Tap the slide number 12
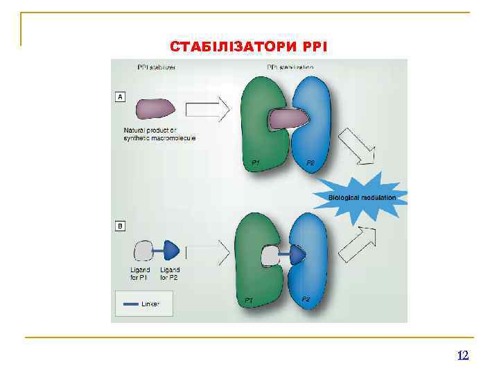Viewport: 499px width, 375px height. tap(463, 356)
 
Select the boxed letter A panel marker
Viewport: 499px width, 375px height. tap(120, 97)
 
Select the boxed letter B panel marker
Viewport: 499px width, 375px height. tap(120, 226)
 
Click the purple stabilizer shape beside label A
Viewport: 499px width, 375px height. tap(156, 109)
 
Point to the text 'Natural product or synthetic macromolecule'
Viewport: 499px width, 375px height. tap(159, 135)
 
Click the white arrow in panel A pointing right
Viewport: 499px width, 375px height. tap(207, 109)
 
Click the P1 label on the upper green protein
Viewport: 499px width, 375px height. tap(256, 162)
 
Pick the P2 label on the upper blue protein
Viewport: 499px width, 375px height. tap(311, 162)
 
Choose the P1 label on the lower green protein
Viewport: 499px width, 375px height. tap(248, 300)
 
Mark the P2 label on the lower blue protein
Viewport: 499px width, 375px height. tap(306, 299)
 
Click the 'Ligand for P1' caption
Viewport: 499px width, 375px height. tap(139, 274)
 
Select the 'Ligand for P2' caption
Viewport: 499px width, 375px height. tap(170, 274)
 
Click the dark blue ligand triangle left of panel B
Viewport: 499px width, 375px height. tap(172, 251)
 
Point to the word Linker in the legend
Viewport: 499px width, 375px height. tap(150, 304)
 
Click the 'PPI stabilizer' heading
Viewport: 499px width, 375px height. tap(155, 67)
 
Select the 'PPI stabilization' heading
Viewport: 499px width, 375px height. tap(290, 67)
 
